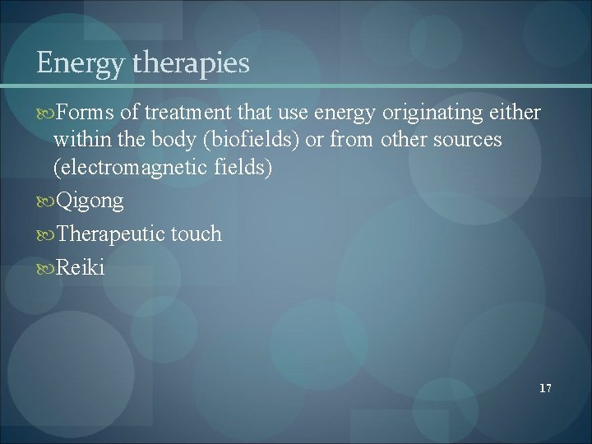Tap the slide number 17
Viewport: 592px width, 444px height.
pyautogui.click(x=545, y=387)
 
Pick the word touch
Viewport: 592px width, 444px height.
pyautogui.click(x=196, y=235)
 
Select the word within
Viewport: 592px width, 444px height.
pyautogui.click(x=79, y=140)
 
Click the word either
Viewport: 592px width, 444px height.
pyautogui.click(x=519, y=113)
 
